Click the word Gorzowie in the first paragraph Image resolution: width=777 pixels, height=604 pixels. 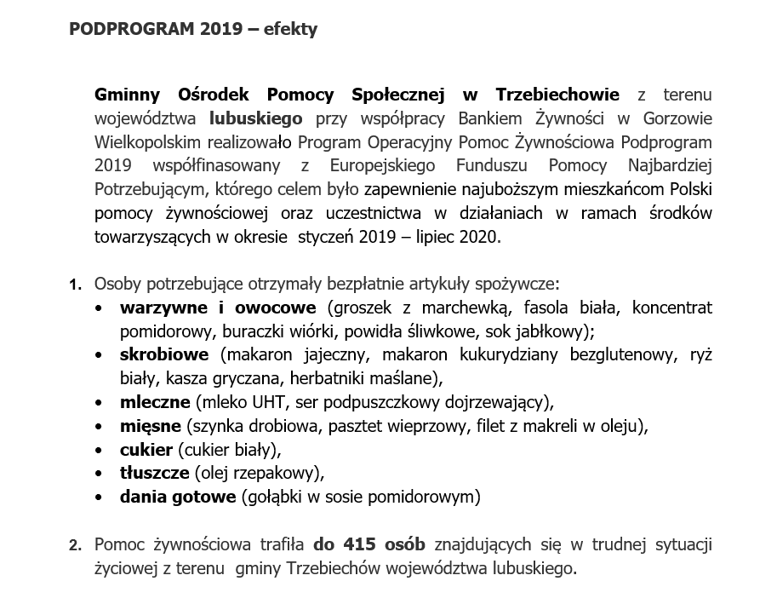tap(677, 118)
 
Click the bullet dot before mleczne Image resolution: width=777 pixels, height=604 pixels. tap(101, 401)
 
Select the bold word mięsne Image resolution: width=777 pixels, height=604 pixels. tap(151, 424)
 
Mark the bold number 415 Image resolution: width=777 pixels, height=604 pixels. tap(362, 544)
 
